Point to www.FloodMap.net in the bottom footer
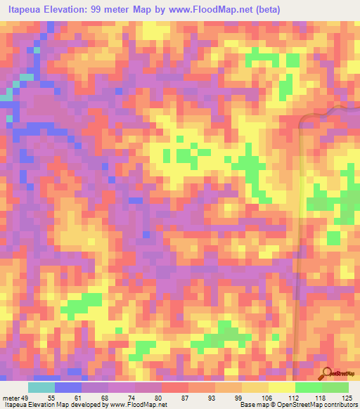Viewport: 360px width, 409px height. point(134,404)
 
